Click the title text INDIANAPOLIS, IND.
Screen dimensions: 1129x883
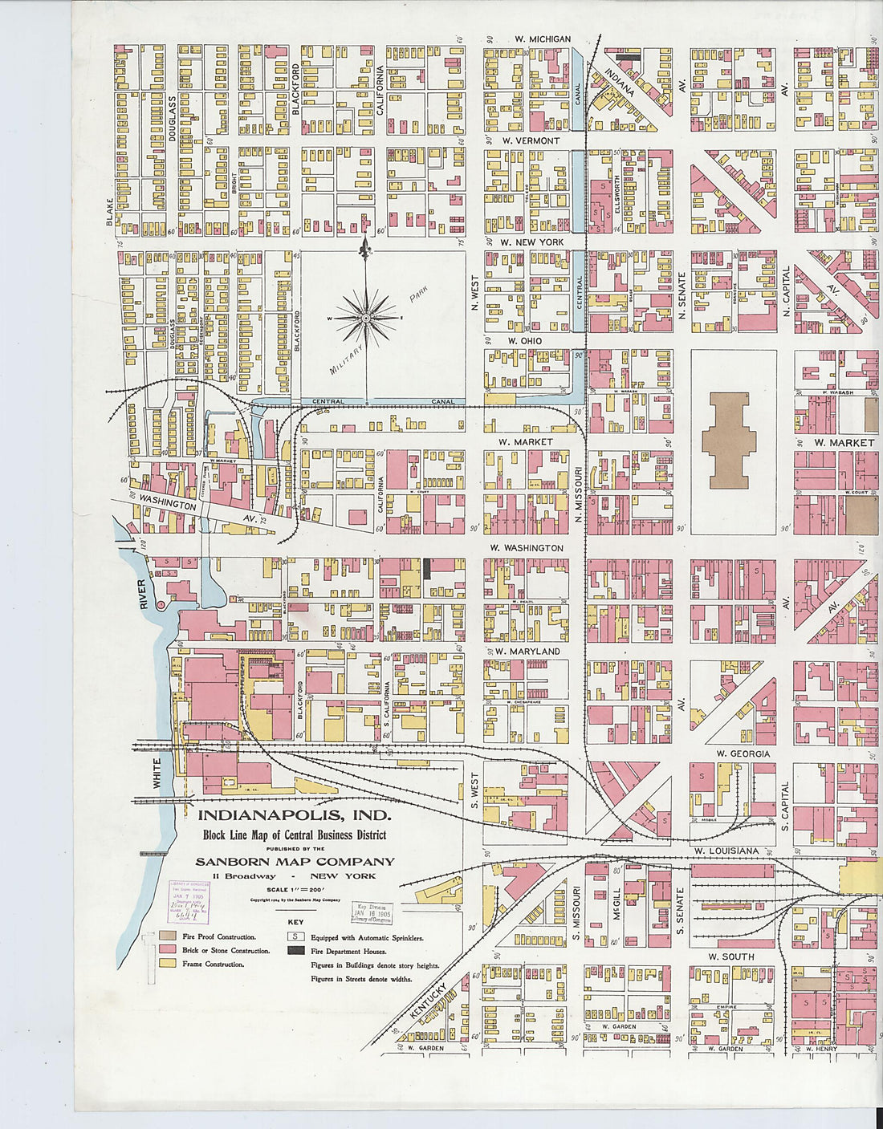pos(295,816)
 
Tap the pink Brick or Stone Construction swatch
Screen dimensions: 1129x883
pos(167,950)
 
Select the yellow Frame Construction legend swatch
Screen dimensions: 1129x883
pos(167,964)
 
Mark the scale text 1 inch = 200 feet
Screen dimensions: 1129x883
pos(295,890)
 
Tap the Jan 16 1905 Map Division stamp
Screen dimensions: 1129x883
pos(371,913)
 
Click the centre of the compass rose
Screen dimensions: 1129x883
pos(366,319)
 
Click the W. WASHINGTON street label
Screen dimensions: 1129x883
pos(527,548)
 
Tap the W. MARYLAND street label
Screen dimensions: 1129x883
pos(527,651)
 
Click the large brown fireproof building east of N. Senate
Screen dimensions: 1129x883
pos(729,440)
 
